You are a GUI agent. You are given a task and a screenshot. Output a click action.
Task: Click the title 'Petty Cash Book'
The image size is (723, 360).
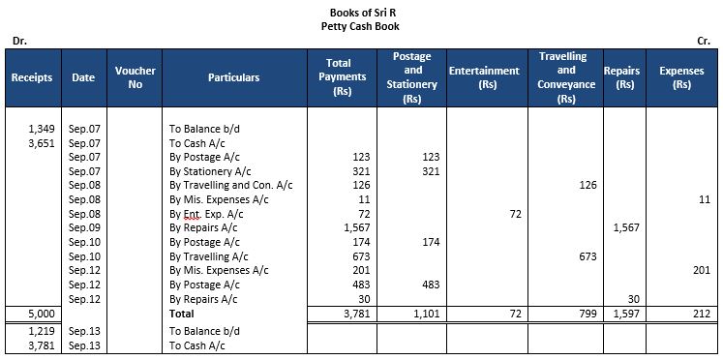361,26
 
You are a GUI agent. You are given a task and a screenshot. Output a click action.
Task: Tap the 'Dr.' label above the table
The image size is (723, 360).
18,41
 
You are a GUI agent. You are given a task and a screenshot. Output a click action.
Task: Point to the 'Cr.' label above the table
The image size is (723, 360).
704,41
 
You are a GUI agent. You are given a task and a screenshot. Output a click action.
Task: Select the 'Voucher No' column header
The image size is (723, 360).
136,77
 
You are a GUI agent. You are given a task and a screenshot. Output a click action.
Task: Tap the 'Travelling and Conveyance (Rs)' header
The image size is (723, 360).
566,77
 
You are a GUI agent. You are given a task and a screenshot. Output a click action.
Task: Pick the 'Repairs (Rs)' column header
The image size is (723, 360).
621,77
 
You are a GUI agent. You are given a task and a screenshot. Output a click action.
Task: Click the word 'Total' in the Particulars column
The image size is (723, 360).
183,314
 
